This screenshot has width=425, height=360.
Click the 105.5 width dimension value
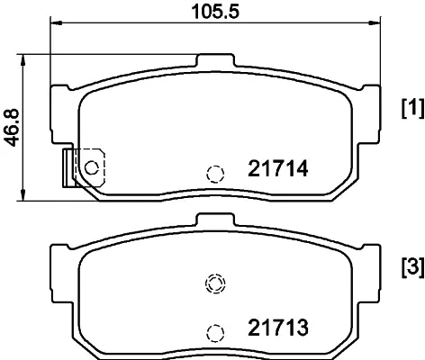pyautogui.click(x=215, y=12)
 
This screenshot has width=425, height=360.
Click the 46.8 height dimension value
pyautogui.click(x=13, y=128)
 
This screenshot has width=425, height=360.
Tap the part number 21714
pyautogui.click(x=278, y=168)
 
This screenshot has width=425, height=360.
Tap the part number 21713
pyautogui.click(x=278, y=328)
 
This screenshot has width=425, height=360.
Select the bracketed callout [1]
pyautogui.click(x=413, y=108)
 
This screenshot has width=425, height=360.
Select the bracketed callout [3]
pyautogui.click(x=413, y=267)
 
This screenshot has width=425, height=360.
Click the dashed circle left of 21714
pyautogui.click(x=215, y=174)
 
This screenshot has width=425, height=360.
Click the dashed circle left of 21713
pyautogui.click(x=215, y=333)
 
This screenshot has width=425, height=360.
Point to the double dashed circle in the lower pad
pyautogui.click(x=215, y=283)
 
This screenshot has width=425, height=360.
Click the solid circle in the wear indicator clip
pyautogui.click(x=92, y=167)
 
